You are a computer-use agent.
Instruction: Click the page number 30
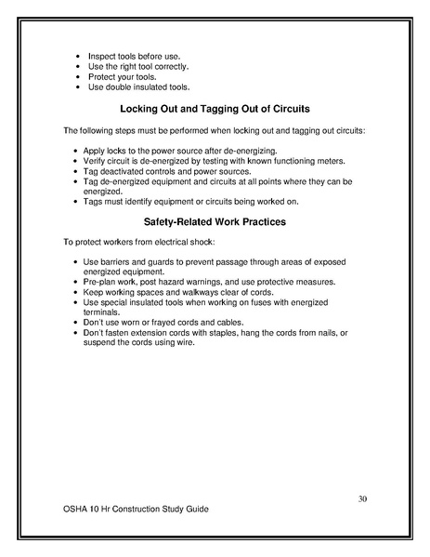(x=363, y=499)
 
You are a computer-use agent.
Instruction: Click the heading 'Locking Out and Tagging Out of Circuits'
(x=215, y=109)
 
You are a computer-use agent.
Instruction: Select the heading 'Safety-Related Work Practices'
(x=215, y=222)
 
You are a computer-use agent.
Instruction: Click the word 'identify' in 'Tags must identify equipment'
(x=150, y=202)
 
